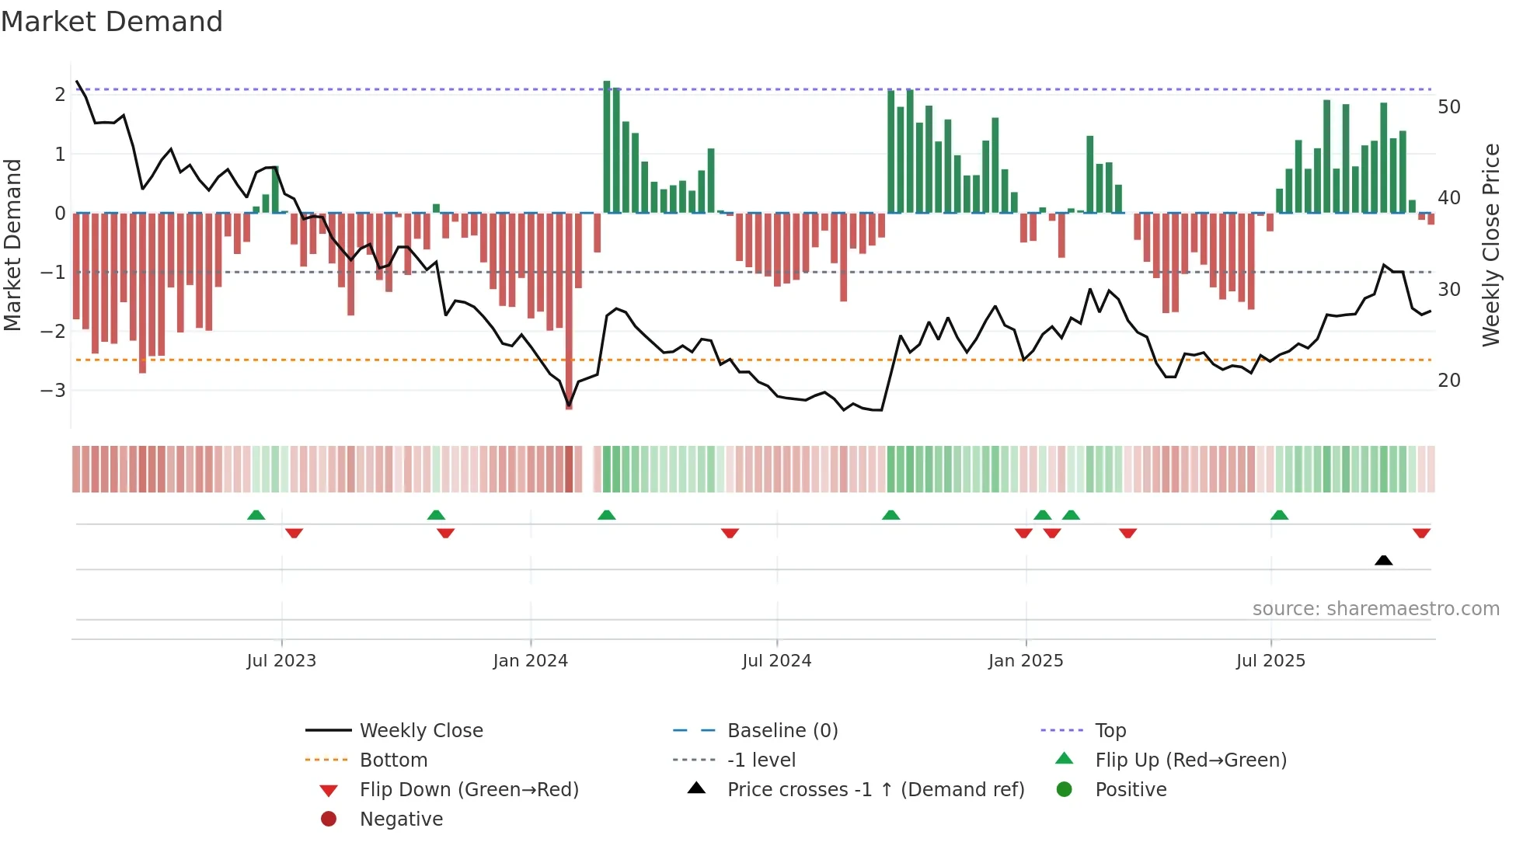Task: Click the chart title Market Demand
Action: [112, 22]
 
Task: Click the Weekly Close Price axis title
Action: [1490, 245]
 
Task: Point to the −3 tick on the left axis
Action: [53, 390]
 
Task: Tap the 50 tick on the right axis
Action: [1448, 106]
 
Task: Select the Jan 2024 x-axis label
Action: [530, 661]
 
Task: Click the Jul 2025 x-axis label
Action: [1270, 661]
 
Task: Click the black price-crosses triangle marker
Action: [1383, 560]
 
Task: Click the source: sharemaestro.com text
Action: [1375, 609]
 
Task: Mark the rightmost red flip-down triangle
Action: [1421, 533]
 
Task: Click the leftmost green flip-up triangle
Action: [256, 515]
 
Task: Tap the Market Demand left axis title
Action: [12, 245]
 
